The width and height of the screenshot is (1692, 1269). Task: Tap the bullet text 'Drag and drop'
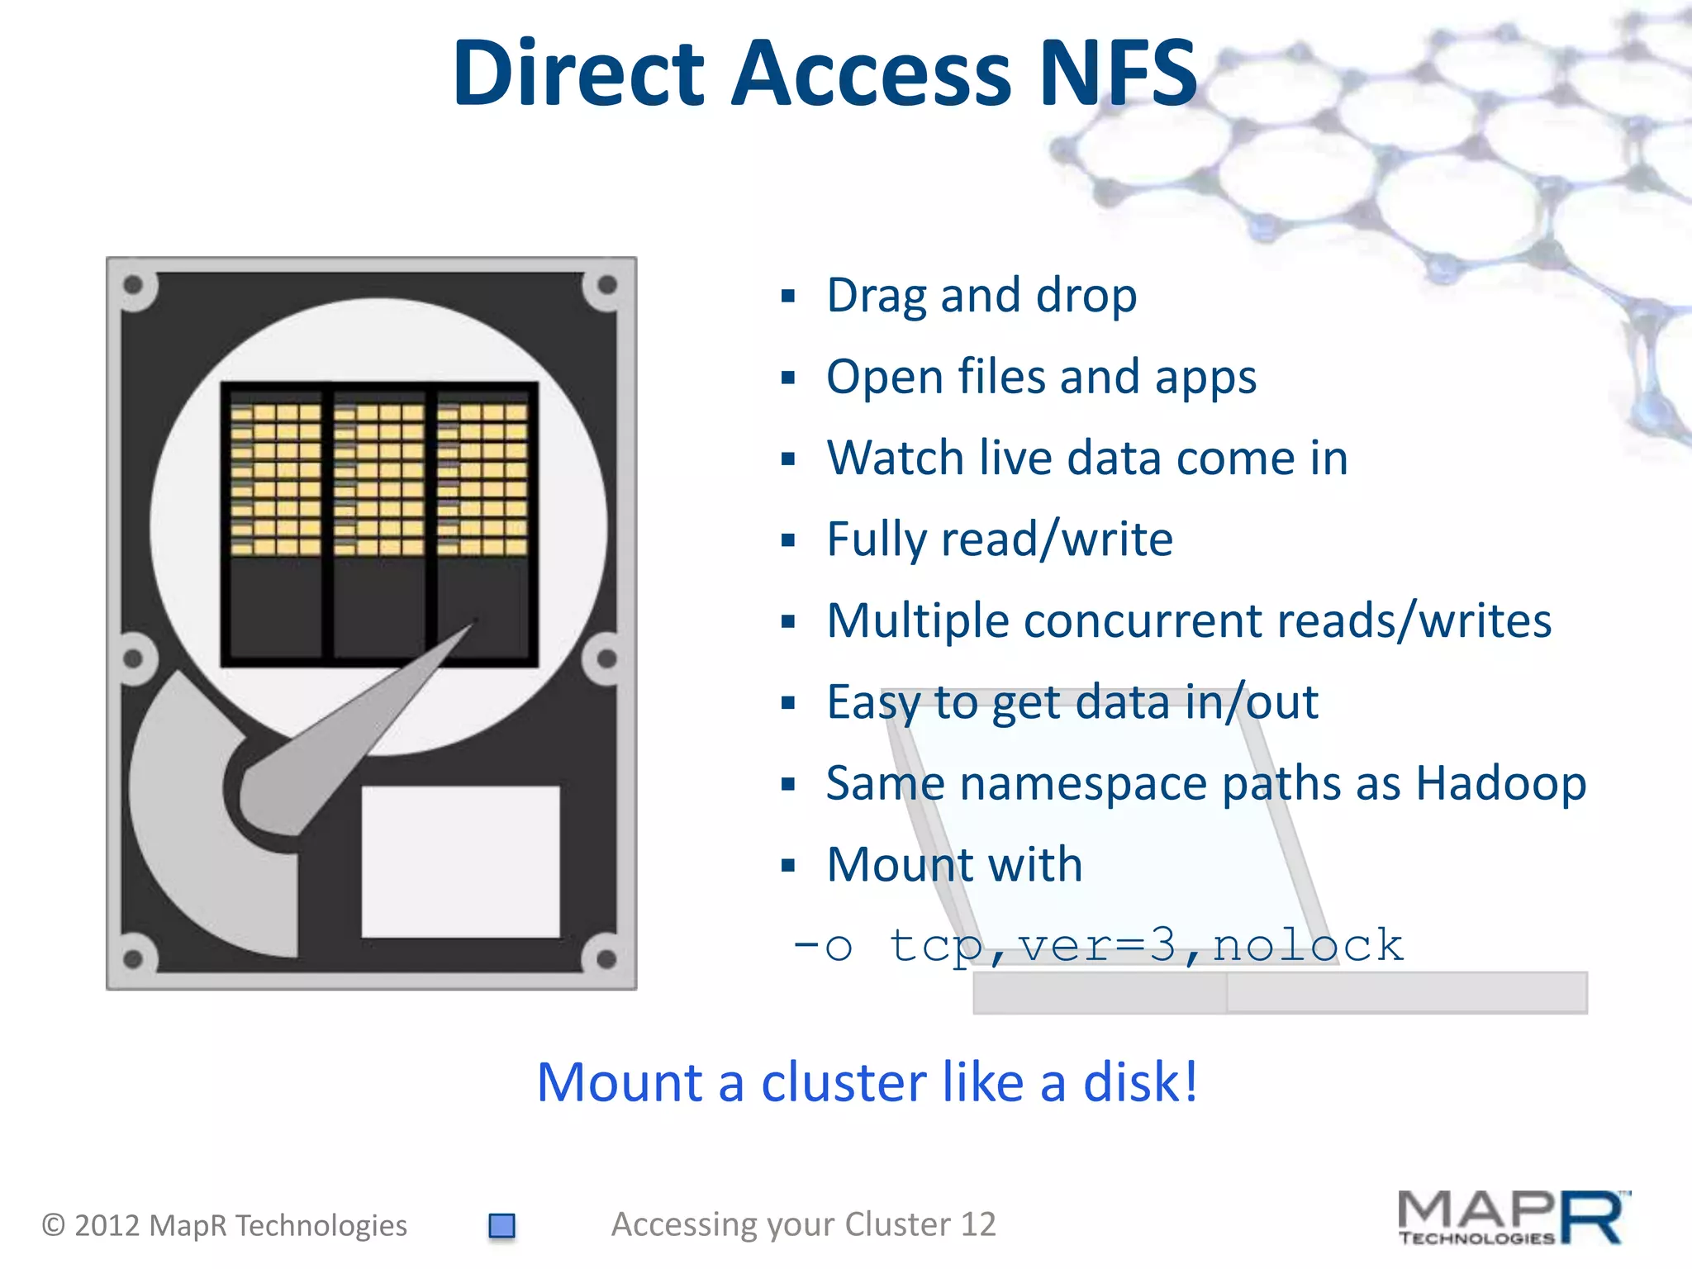pos(981,296)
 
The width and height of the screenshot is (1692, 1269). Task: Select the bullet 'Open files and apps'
pos(1041,378)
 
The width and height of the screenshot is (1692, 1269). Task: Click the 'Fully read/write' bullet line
pos(1000,539)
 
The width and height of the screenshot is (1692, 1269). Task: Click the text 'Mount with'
pos(954,865)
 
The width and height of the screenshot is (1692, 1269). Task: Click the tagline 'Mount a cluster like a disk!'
pos(867,1082)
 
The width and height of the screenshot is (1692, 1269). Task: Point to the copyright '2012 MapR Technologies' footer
pos(240,1225)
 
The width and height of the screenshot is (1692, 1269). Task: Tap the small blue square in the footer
pos(501,1225)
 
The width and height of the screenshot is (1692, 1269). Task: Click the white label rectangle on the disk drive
pos(460,862)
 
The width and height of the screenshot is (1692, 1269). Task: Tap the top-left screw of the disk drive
pos(134,286)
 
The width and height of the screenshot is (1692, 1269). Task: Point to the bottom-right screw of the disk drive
pos(606,959)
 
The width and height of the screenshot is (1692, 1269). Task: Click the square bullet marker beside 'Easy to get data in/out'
pos(788,703)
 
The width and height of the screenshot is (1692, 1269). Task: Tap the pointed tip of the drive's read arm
pos(474,620)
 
